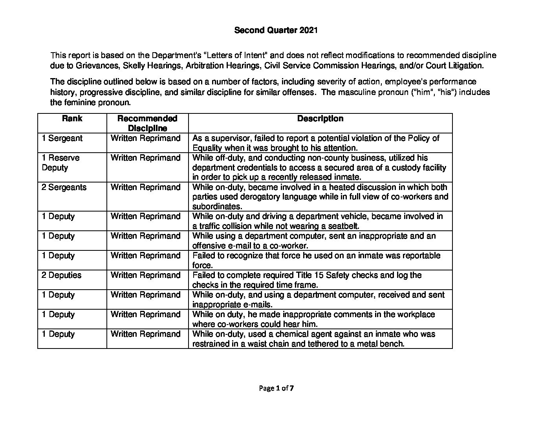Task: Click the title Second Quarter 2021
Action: (x=276, y=30)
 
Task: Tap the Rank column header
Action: (x=72, y=119)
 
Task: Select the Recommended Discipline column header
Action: (x=147, y=123)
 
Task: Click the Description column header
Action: (x=320, y=119)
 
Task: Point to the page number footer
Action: (x=276, y=389)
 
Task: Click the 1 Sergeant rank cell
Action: (x=62, y=138)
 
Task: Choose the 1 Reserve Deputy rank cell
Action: (x=60, y=162)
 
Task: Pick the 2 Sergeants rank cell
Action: (x=64, y=187)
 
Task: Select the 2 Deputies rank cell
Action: (x=62, y=275)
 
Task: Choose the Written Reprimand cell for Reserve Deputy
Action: (x=145, y=158)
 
